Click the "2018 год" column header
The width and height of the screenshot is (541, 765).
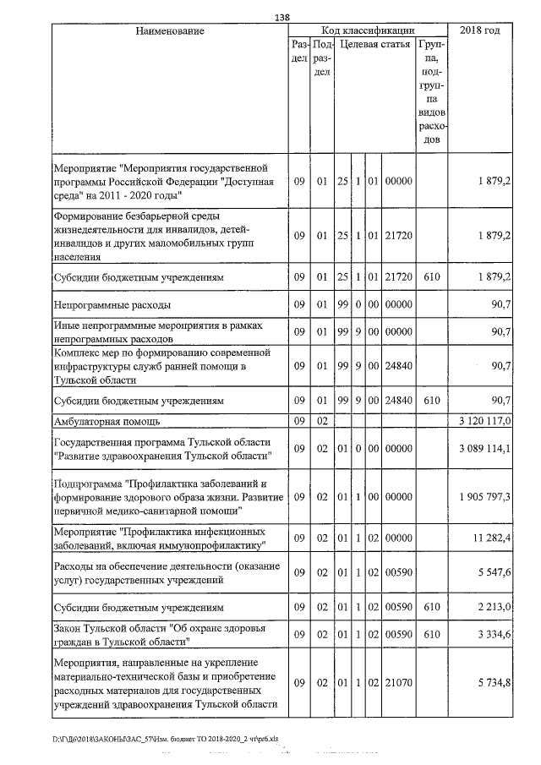tap(479, 31)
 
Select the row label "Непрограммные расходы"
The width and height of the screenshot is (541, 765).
tap(112, 303)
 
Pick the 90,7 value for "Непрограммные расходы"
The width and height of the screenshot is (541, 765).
tap(497, 303)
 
